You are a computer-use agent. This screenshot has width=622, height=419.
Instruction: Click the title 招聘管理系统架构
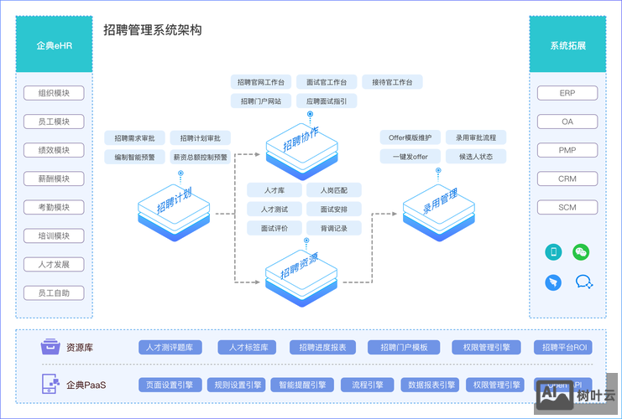click(x=152, y=30)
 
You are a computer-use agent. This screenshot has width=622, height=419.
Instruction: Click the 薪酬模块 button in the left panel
click(x=54, y=178)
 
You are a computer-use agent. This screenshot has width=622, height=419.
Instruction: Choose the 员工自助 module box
click(x=54, y=293)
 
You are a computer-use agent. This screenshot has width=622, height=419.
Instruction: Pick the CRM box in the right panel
click(x=567, y=178)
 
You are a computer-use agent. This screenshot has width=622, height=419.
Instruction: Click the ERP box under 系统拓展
click(x=567, y=93)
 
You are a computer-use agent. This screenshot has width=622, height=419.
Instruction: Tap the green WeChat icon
click(x=581, y=251)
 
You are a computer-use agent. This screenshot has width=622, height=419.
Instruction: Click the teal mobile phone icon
click(x=553, y=251)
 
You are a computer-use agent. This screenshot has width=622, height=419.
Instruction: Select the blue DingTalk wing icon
click(x=553, y=282)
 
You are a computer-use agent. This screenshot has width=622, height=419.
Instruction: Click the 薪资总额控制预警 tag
click(x=201, y=157)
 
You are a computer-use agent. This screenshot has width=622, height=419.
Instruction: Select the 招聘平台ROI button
click(x=564, y=348)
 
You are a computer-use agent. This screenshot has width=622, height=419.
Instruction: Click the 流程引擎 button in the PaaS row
click(x=368, y=385)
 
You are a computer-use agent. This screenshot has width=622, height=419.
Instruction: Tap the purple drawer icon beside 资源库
click(x=50, y=347)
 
